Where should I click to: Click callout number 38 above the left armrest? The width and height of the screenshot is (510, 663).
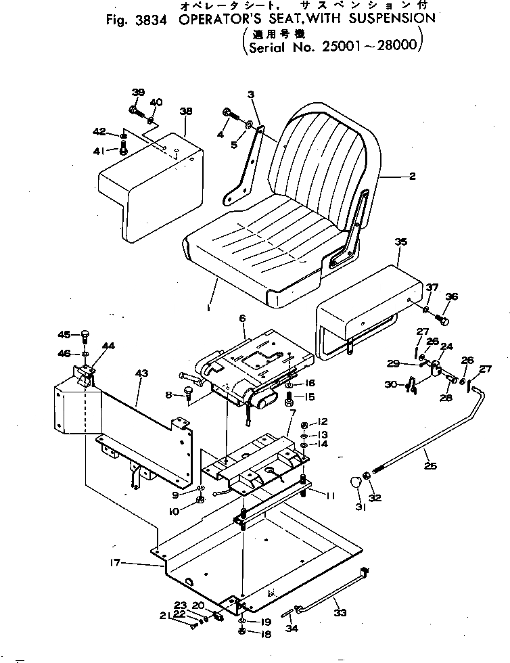(186, 111)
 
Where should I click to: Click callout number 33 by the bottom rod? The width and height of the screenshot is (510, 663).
(340, 614)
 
